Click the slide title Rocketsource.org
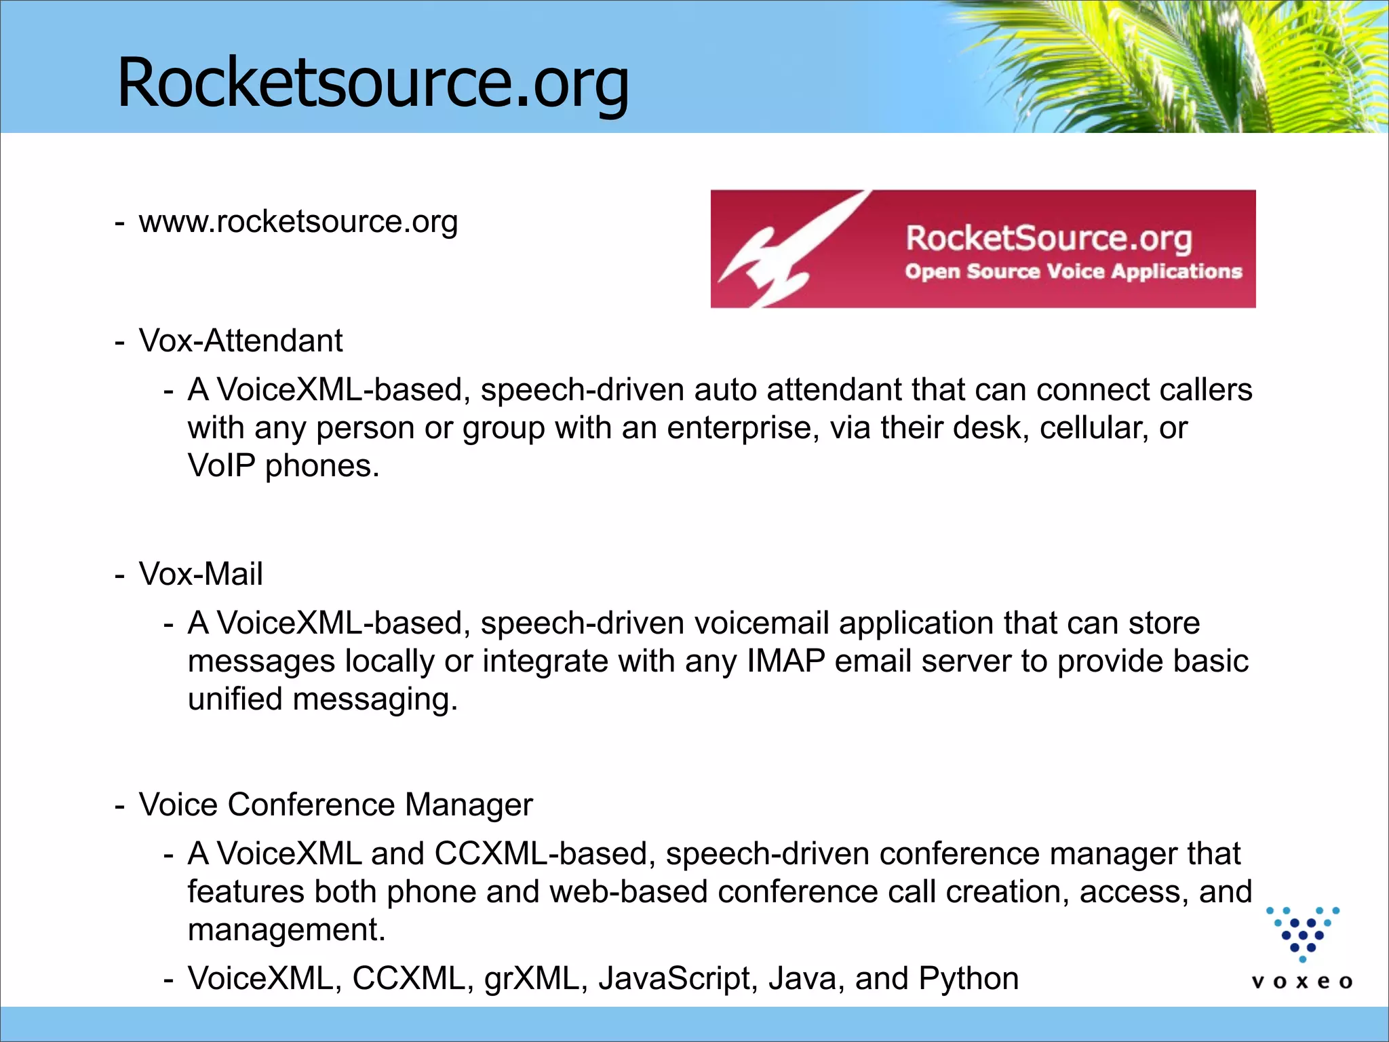point(373,82)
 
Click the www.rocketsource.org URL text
point(298,222)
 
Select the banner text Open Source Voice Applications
point(1073,271)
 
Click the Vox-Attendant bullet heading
point(241,341)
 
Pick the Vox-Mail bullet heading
point(201,574)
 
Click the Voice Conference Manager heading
point(336,805)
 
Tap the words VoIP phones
point(283,466)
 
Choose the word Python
point(969,978)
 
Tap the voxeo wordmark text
point(1302,982)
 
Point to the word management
point(286,929)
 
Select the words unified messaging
point(322,699)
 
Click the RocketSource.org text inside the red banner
point(1049,238)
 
